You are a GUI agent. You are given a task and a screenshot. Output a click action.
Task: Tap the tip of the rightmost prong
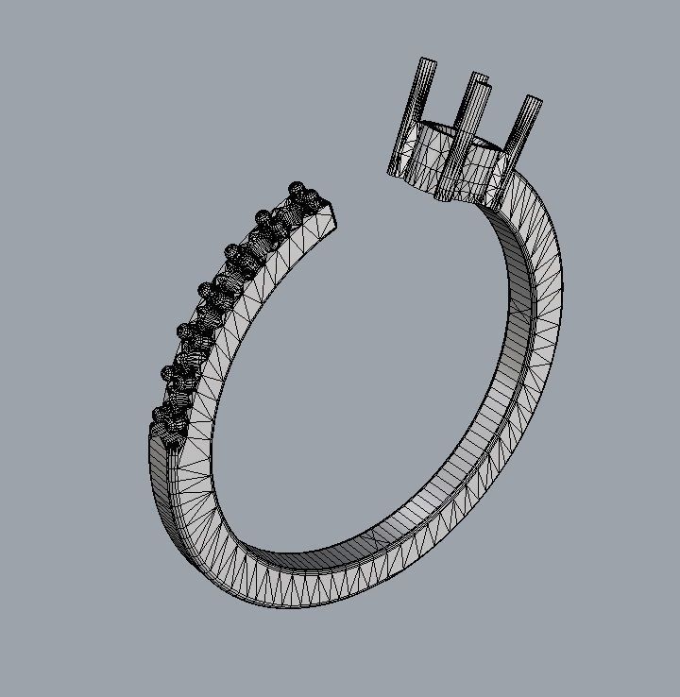[534, 101]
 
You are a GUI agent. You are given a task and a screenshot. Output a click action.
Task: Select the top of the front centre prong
[484, 87]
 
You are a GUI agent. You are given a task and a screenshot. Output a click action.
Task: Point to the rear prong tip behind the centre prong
[479, 76]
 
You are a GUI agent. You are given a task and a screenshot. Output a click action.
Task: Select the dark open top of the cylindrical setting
[465, 135]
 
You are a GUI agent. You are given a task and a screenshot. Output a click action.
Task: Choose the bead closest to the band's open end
[307, 195]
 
